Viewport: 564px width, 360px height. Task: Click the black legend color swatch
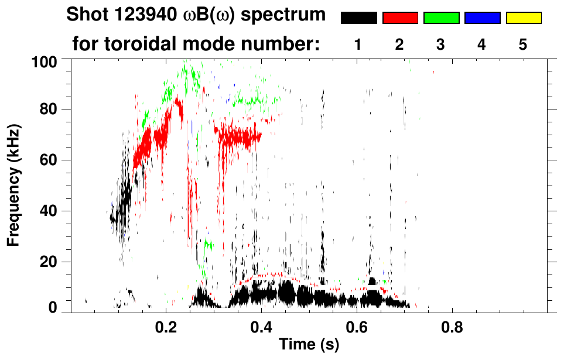click(x=358, y=18)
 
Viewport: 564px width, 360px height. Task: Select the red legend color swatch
click(x=400, y=18)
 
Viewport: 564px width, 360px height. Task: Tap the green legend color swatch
click(x=441, y=18)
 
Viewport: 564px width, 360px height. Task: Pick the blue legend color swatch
click(x=482, y=18)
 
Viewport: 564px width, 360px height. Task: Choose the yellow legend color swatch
click(x=524, y=18)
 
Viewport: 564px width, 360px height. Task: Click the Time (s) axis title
click(x=308, y=345)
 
